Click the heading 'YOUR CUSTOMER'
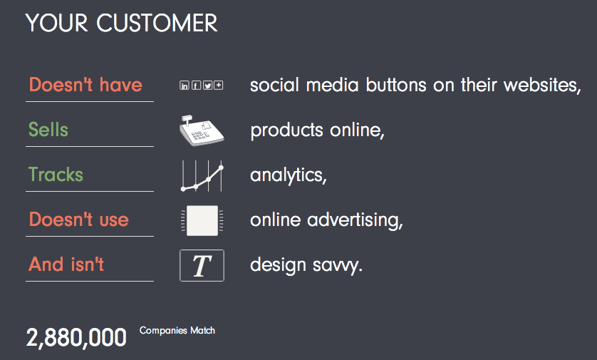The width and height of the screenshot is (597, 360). [121, 23]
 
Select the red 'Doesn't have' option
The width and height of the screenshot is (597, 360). [85, 85]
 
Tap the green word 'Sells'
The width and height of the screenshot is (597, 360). [48, 130]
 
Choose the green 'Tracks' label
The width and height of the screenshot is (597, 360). [56, 175]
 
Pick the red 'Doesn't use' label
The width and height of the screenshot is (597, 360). [79, 220]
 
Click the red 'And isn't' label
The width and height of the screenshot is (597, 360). [66, 264]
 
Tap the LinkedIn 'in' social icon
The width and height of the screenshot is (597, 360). [185, 86]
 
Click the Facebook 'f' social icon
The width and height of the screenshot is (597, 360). [196, 86]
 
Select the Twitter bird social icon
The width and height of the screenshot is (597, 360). [207, 86]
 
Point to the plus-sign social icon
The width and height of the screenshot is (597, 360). [219, 86]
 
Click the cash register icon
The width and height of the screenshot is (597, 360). [202, 130]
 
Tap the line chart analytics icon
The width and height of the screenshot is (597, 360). [202, 175]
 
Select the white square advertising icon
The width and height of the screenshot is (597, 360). [202, 220]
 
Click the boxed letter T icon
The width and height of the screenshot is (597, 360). [202, 265]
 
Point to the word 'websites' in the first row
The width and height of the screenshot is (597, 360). [540, 85]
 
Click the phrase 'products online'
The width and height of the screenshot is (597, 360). [316, 130]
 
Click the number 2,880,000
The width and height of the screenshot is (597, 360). [76, 338]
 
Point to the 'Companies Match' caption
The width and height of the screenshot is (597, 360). [177, 330]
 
